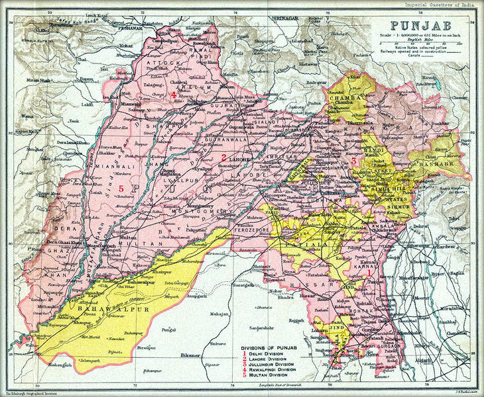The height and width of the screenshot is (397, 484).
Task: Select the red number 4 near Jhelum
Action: tap(174, 95)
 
